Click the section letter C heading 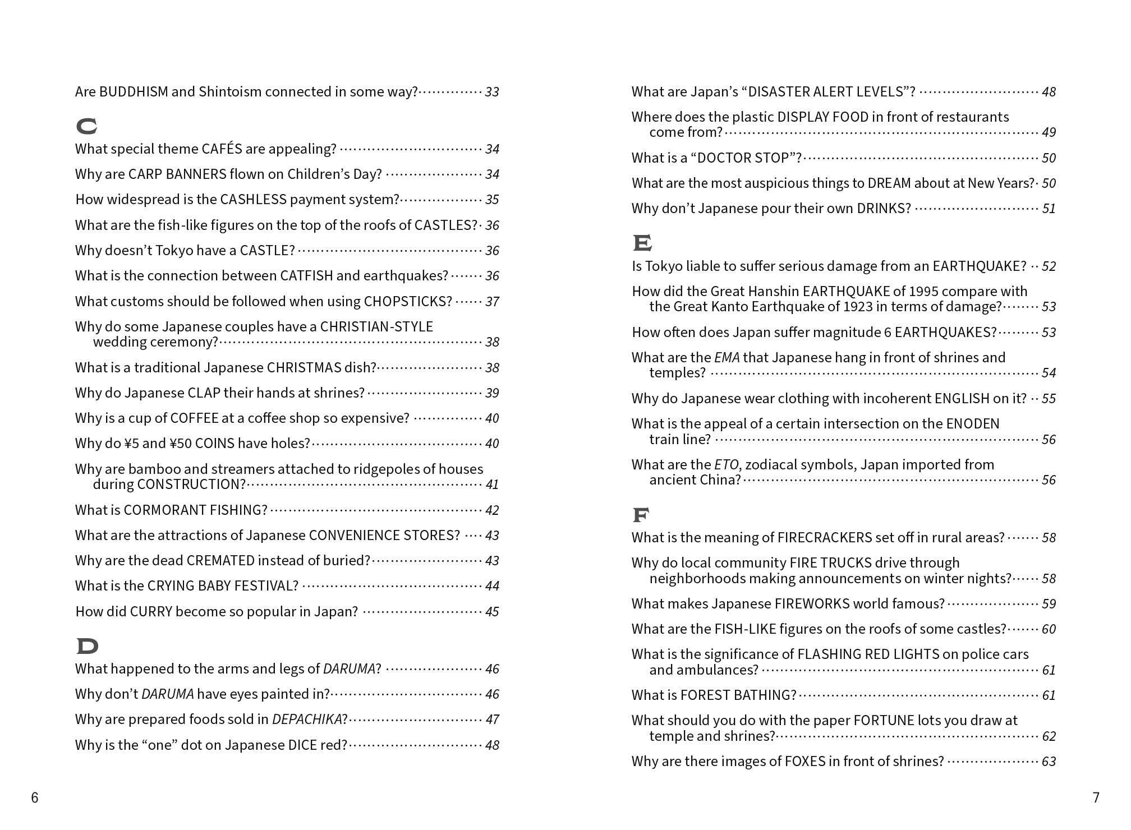86,127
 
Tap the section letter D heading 87,646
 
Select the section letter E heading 642,243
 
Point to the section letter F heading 641,514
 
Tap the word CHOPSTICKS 408,302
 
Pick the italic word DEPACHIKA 307,720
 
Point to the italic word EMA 727,358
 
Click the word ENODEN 972,424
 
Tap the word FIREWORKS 811,604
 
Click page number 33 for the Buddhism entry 492,92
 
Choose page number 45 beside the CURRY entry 492,612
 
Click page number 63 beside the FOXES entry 1049,762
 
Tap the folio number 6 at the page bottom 35,797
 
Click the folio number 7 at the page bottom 1096,797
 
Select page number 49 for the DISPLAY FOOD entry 1049,132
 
